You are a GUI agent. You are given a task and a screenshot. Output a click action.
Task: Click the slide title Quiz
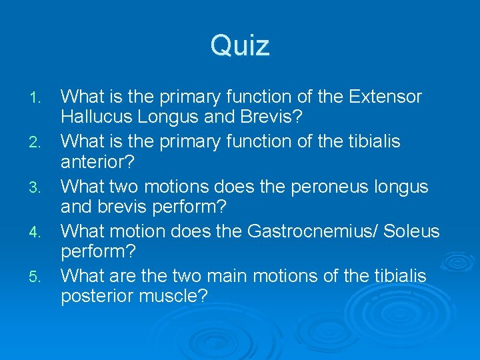240,46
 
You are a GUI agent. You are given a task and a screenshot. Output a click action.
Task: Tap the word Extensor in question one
385,97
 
